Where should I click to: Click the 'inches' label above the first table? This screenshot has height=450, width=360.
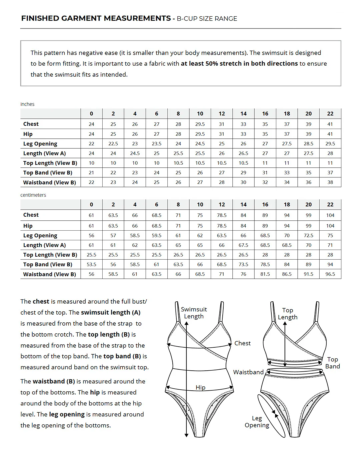point(27,104)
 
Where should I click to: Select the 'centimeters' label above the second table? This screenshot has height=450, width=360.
point(33,195)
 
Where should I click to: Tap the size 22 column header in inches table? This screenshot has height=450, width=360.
point(330,114)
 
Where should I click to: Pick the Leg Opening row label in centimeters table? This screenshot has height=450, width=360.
point(40,235)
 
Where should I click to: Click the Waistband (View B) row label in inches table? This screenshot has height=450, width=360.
point(49,182)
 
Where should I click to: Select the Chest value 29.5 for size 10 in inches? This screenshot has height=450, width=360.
point(200,124)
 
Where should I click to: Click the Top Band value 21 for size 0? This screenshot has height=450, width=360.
point(91,173)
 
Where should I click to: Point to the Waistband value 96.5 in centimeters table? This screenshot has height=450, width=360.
point(330,274)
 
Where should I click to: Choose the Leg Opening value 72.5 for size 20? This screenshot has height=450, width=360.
point(308,235)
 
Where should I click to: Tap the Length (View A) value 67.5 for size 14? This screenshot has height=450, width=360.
point(243,245)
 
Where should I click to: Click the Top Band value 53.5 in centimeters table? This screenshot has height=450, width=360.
point(91,264)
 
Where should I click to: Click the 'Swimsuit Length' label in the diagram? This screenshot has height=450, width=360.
point(194,313)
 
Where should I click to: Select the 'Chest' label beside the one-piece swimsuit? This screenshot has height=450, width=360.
point(242,343)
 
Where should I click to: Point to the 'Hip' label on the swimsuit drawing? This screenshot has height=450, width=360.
point(200,387)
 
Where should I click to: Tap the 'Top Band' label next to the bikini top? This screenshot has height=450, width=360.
point(332,363)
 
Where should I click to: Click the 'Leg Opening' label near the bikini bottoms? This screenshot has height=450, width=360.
point(257,422)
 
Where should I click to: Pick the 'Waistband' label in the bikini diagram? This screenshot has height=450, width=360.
point(248,372)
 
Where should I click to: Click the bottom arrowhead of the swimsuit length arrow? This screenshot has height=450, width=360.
point(186,435)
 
